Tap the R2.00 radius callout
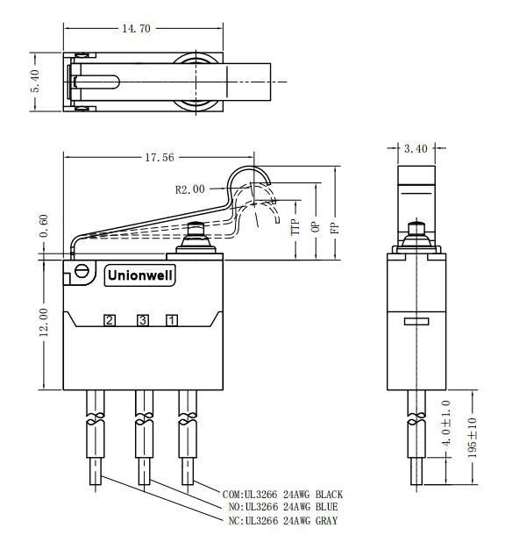[x=189, y=189]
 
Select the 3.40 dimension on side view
[x=416, y=149]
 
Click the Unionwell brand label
[x=140, y=275]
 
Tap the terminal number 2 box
[x=110, y=320]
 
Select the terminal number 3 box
[x=142, y=320]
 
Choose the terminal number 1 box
[x=173, y=320]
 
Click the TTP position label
[x=295, y=230]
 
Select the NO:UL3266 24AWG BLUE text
[x=281, y=507]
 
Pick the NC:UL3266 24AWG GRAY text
[x=281, y=521]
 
